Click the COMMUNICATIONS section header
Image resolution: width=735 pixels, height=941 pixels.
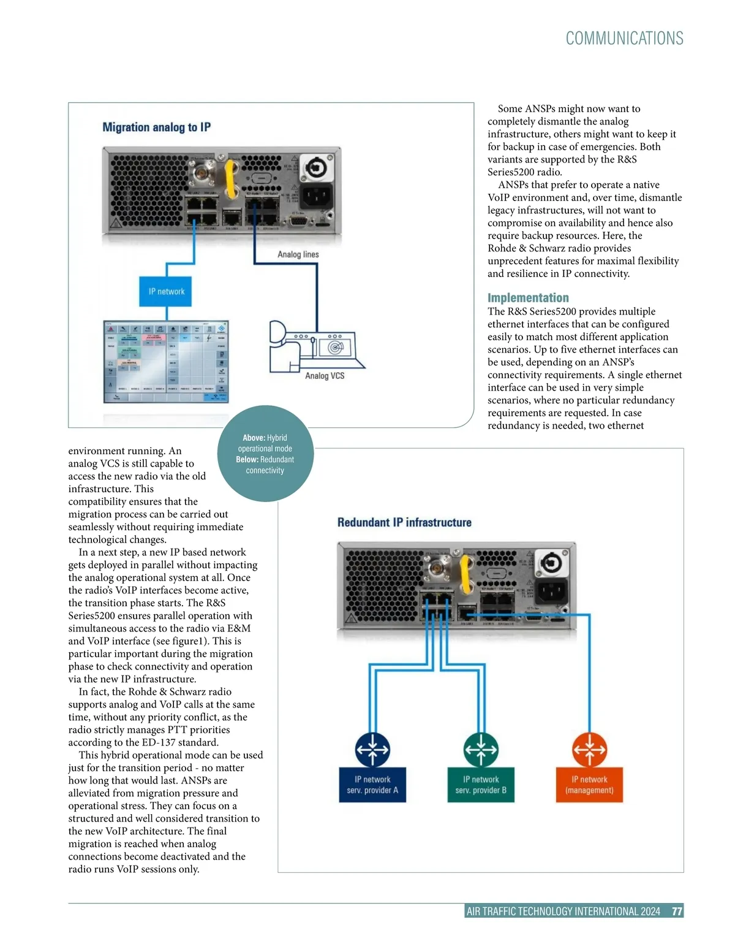(624, 39)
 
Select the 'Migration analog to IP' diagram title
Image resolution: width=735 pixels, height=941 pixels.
(156, 128)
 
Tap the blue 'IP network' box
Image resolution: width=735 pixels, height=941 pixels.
(166, 291)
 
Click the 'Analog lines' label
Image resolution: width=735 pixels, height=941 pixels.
(298, 254)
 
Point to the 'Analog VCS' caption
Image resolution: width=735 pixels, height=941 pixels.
(325, 376)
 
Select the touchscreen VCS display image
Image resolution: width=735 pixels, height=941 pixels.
(166, 361)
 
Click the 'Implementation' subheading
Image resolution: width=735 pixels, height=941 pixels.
(528, 298)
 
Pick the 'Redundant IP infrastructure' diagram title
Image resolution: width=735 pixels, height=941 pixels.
(404, 522)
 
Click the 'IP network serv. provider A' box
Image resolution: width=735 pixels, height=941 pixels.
(372, 785)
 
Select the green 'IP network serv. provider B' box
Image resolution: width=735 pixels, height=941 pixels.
(481, 785)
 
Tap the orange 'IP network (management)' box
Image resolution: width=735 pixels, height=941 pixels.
(589, 785)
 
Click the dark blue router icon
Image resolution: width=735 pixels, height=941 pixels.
(372, 749)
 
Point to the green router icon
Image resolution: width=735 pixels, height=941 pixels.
(481, 749)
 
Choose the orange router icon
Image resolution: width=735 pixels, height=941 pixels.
(589, 749)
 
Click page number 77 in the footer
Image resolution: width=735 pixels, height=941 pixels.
(677, 912)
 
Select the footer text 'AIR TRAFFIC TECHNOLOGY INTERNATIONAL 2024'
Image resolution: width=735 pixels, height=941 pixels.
(563, 912)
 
